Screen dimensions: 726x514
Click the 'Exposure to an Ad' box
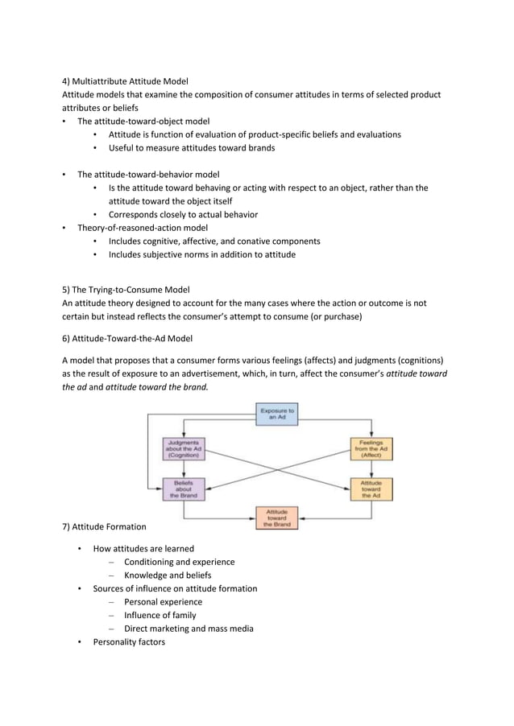tap(277, 415)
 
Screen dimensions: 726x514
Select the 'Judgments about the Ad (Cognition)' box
tap(184, 448)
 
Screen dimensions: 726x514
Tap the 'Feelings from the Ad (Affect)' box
tap(371, 448)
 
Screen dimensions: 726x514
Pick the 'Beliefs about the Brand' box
tap(184, 489)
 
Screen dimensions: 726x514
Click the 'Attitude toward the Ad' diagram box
tap(371, 489)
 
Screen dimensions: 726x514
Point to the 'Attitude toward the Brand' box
tap(277, 517)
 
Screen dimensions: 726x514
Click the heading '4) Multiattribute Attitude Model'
tap(125, 81)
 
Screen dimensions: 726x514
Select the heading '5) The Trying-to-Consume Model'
tap(126, 290)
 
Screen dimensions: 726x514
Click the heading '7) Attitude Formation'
tap(105, 527)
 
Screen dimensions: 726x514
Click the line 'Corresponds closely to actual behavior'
tap(183, 215)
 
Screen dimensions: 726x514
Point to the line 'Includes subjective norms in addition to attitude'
tap(202, 254)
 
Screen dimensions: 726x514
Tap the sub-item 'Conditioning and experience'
tap(180, 562)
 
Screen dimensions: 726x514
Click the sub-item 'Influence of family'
tap(160, 615)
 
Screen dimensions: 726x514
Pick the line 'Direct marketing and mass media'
tap(189, 629)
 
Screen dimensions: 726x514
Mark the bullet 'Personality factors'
tap(129, 641)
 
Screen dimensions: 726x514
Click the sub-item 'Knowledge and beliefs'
tap(168, 575)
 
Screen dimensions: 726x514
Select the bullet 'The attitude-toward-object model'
tap(143, 122)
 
